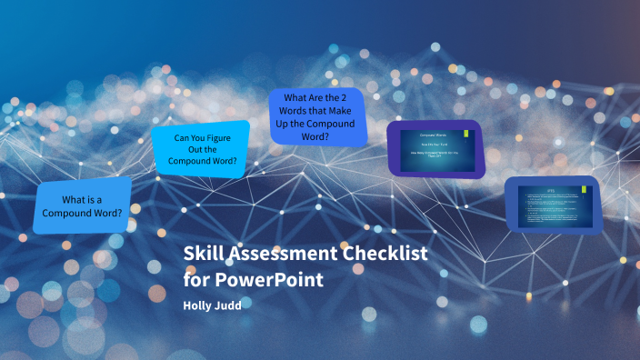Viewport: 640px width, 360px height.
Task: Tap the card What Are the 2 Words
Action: (318, 116)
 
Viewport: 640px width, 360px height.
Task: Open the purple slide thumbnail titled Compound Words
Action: (435, 148)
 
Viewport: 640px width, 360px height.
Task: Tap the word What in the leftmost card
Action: (79, 199)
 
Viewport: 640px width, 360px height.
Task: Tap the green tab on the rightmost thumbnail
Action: (584, 191)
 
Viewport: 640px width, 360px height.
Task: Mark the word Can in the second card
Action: (183, 138)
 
